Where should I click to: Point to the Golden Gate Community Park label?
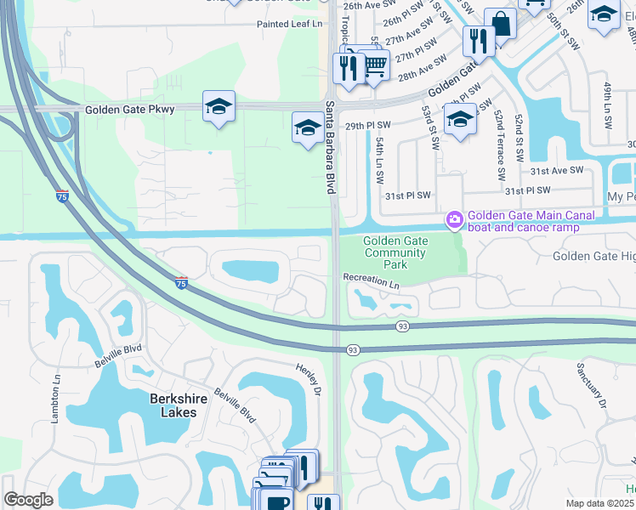tap(396, 252)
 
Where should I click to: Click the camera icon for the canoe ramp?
tap(455, 221)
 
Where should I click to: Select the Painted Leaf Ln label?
tap(291, 25)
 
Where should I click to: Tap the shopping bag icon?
tap(501, 24)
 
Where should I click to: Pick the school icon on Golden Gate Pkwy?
tap(219, 107)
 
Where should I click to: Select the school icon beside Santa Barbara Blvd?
tap(307, 128)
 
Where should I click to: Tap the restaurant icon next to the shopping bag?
tap(479, 40)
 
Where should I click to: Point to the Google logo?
tap(28, 500)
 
